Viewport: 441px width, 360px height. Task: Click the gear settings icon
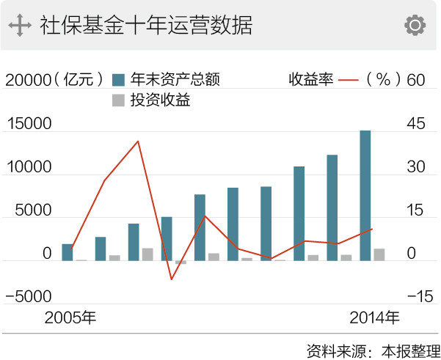(415, 25)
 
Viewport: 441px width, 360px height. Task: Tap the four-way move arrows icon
(20, 26)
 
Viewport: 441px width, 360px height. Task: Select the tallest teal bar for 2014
(365, 195)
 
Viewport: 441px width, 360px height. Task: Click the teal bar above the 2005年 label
(68, 252)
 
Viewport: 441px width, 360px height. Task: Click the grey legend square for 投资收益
(118, 100)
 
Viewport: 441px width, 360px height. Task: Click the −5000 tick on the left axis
(29, 297)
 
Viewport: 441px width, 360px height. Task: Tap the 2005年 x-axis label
(70, 318)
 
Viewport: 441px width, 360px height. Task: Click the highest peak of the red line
(138, 141)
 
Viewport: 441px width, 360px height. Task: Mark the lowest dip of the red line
(171, 279)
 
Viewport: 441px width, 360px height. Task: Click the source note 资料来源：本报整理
(373, 349)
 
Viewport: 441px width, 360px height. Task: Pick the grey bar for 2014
(379, 254)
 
